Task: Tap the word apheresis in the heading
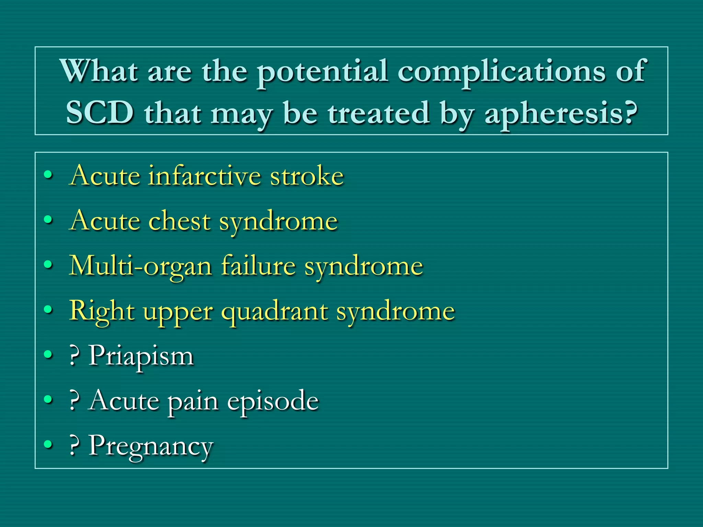(561, 114)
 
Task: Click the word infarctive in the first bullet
(205, 176)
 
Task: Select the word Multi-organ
(140, 266)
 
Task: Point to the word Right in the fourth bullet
(102, 311)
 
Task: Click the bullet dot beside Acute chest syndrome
(48, 220)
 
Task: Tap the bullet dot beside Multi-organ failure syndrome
(48, 265)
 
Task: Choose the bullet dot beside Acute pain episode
(48, 399)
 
